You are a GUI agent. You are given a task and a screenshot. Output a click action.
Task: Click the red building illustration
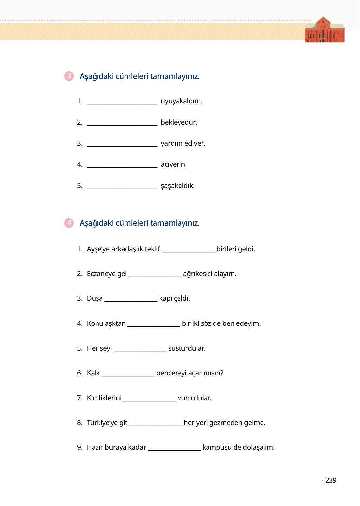[x=324, y=30]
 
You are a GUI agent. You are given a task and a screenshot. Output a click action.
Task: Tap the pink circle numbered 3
[x=69, y=76]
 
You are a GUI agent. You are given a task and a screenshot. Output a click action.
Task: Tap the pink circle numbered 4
[x=69, y=223]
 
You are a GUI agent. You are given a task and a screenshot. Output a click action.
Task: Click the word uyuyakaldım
[x=181, y=101]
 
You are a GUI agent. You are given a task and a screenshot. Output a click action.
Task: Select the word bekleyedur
[x=179, y=122]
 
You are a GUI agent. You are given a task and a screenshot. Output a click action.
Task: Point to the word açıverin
[x=173, y=164]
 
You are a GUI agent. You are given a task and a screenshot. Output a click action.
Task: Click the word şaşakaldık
[x=178, y=186]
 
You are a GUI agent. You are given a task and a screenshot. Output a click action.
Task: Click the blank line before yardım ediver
[x=122, y=145]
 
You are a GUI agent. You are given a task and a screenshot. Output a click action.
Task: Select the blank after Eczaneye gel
[x=155, y=275]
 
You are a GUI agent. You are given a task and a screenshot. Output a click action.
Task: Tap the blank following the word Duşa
[x=131, y=300]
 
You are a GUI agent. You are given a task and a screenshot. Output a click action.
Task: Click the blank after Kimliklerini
[x=150, y=400]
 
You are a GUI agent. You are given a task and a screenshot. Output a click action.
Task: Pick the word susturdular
[x=187, y=348]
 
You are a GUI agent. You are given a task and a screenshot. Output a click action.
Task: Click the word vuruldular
[x=195, y=398]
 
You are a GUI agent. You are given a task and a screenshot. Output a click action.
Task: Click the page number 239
[x=331, y=480]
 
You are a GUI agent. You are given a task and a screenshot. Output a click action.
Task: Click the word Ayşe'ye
[x=98, y=249]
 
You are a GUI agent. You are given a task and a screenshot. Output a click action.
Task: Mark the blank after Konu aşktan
[x=154, y=325]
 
